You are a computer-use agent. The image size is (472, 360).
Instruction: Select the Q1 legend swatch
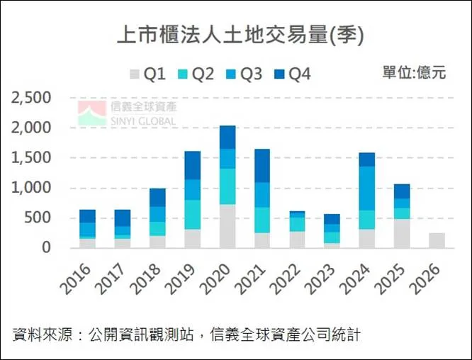tap(134, 73)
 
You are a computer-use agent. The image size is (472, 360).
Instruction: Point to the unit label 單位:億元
tap(414, 72)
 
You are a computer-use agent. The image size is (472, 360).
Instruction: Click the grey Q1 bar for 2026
tap(437, 240)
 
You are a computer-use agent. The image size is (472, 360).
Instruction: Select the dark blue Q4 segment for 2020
tap(227, 137)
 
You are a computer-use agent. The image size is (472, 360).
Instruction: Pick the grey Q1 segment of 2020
tap(227, 226)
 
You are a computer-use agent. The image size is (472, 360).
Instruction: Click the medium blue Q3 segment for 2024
tap(367, 188)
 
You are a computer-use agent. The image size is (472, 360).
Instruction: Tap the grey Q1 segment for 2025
tap(402, 233)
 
